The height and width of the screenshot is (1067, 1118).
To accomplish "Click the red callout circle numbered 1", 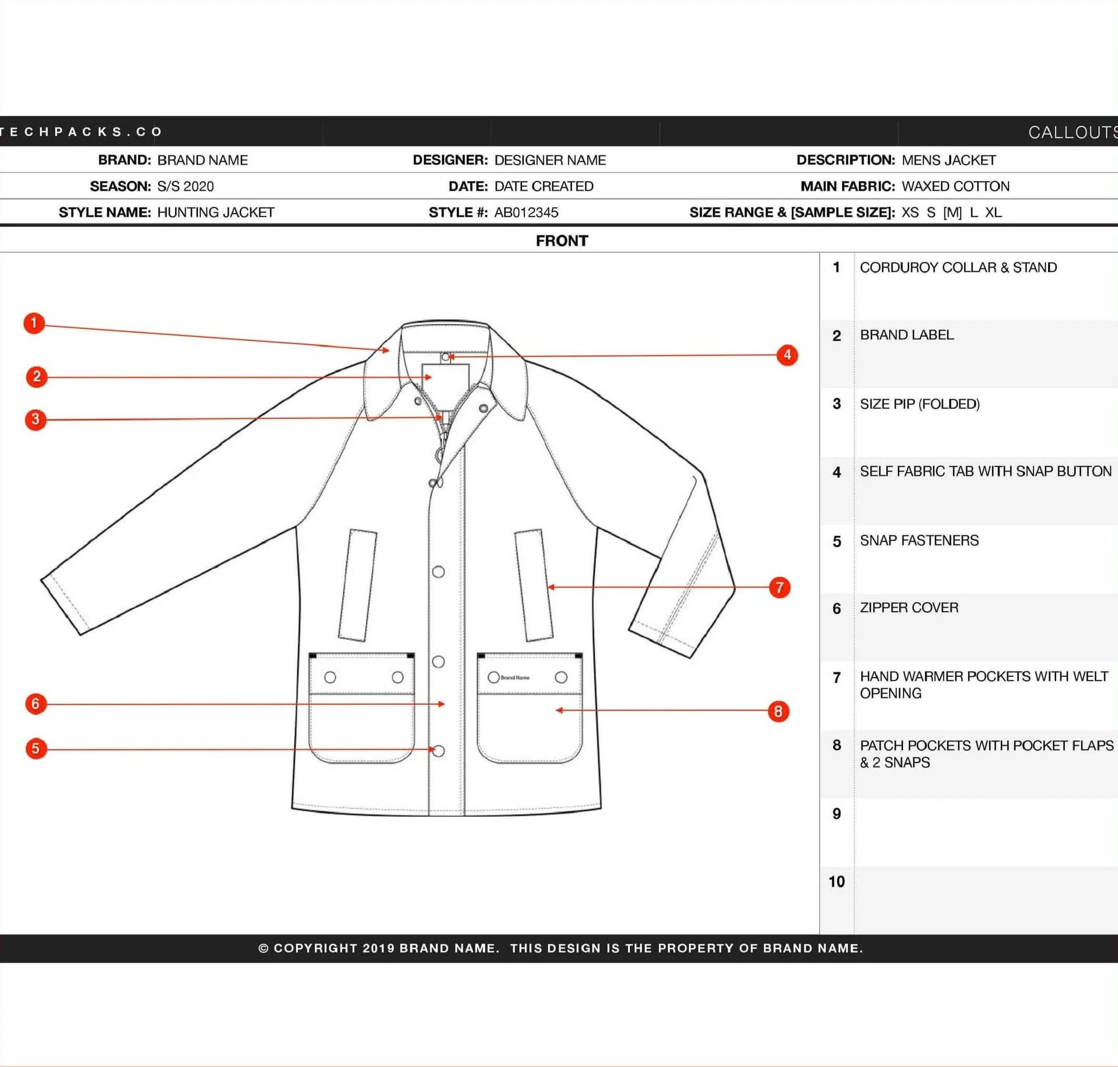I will click(x=34, y=323).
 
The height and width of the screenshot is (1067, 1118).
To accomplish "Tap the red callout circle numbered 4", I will click(x=787, y=356).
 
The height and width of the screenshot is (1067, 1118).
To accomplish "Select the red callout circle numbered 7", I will click(x=780, y=588).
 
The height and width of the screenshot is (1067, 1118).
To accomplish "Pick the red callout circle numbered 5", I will click(x=36, y=749).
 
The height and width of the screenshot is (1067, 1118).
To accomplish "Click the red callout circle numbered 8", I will click(x=778, y=711).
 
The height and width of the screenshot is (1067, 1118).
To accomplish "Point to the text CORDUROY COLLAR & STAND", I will click(x=958, y=267).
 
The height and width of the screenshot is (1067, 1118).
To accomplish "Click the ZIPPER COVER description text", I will click(x=909, y=607).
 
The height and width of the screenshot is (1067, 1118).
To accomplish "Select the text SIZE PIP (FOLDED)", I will click(x=920, y=404).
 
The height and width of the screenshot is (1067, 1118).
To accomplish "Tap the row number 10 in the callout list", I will click(x=836, y=881).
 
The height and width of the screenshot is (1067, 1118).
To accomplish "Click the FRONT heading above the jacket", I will click(x=562, y=241).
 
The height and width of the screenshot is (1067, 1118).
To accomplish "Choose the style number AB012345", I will click(x=526, y=212).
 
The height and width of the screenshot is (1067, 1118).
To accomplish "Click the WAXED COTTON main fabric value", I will click(x=955, y=186).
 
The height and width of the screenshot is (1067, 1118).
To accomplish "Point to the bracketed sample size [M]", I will click(x=952, y=212).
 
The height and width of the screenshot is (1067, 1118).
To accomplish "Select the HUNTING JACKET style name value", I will click(x=216, y=212).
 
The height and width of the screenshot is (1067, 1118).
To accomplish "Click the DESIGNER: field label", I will click(x=450, y=160).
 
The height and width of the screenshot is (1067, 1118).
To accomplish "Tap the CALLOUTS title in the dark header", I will click(x=1072, y=132).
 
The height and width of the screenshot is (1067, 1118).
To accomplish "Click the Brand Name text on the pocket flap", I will click(x=515, y=677).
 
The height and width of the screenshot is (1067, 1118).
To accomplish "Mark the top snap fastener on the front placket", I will click(x=439, y=572).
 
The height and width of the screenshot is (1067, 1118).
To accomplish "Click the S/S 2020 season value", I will click(x=186, y=186).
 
